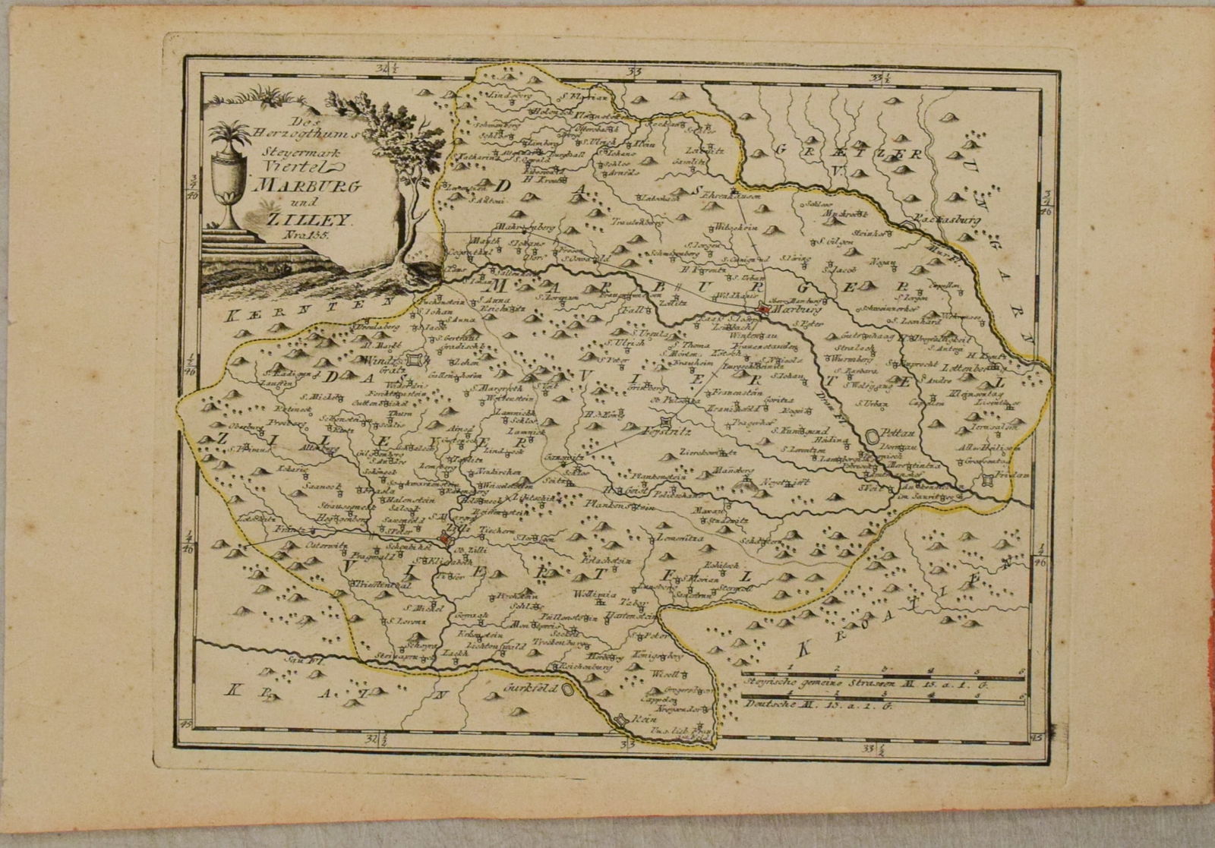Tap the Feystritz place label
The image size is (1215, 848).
point(688,430)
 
